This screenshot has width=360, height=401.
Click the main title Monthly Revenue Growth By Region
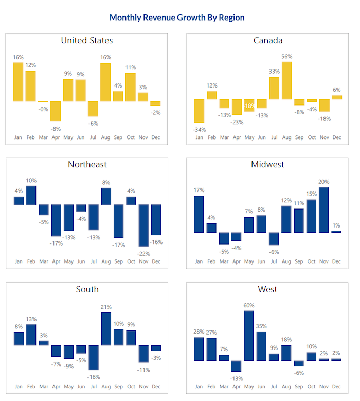tap(177, 18)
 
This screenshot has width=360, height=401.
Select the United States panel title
tap(87, 40)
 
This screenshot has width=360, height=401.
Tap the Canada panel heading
tap(268, 40)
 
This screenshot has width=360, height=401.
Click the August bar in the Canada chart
tap(286, 80)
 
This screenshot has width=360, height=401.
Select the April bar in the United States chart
tap(56, 111)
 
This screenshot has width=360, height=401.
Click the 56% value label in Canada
tap(287, 57)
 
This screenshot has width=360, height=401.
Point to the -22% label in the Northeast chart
tap(143, 253)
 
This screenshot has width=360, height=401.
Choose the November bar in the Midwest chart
tap(324, 210)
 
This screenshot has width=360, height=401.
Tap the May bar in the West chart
tap(249, 336)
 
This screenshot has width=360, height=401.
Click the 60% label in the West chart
tap(249, 305)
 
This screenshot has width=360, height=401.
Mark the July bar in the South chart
tap(93, 357)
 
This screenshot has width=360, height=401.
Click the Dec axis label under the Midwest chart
tap(336, 261)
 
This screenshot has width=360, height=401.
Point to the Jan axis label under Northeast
tap(19, 261)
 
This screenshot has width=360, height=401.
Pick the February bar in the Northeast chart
tap(31, 195)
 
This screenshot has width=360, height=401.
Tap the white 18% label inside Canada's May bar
tap(249, 106)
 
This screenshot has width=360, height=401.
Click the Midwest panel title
tap(268, 165)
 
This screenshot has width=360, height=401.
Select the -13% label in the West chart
tap(236, 378)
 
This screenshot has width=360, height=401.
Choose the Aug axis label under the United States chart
tap(105, 137)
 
